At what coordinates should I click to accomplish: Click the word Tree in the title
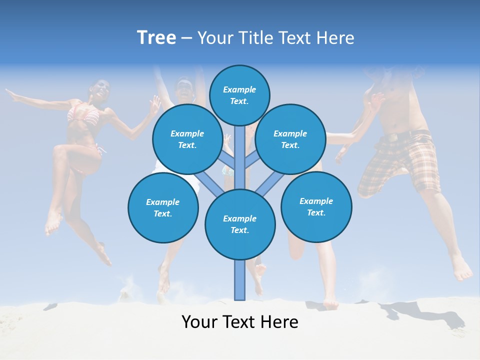(x=156, y=37)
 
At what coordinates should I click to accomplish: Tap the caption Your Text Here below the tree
(x=239, y=322)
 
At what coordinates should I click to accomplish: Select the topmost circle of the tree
(x=239, y=95)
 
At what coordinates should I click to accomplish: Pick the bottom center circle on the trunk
(x=240, y=224)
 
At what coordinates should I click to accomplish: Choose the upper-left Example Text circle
(x=187, y=139)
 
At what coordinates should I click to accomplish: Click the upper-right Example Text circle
(x=290, y=139)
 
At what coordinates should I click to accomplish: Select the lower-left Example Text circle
(x=163, y=207)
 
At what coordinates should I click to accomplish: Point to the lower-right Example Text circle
(x=316, y=206)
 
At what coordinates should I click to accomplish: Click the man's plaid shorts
(x=400, y=165)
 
